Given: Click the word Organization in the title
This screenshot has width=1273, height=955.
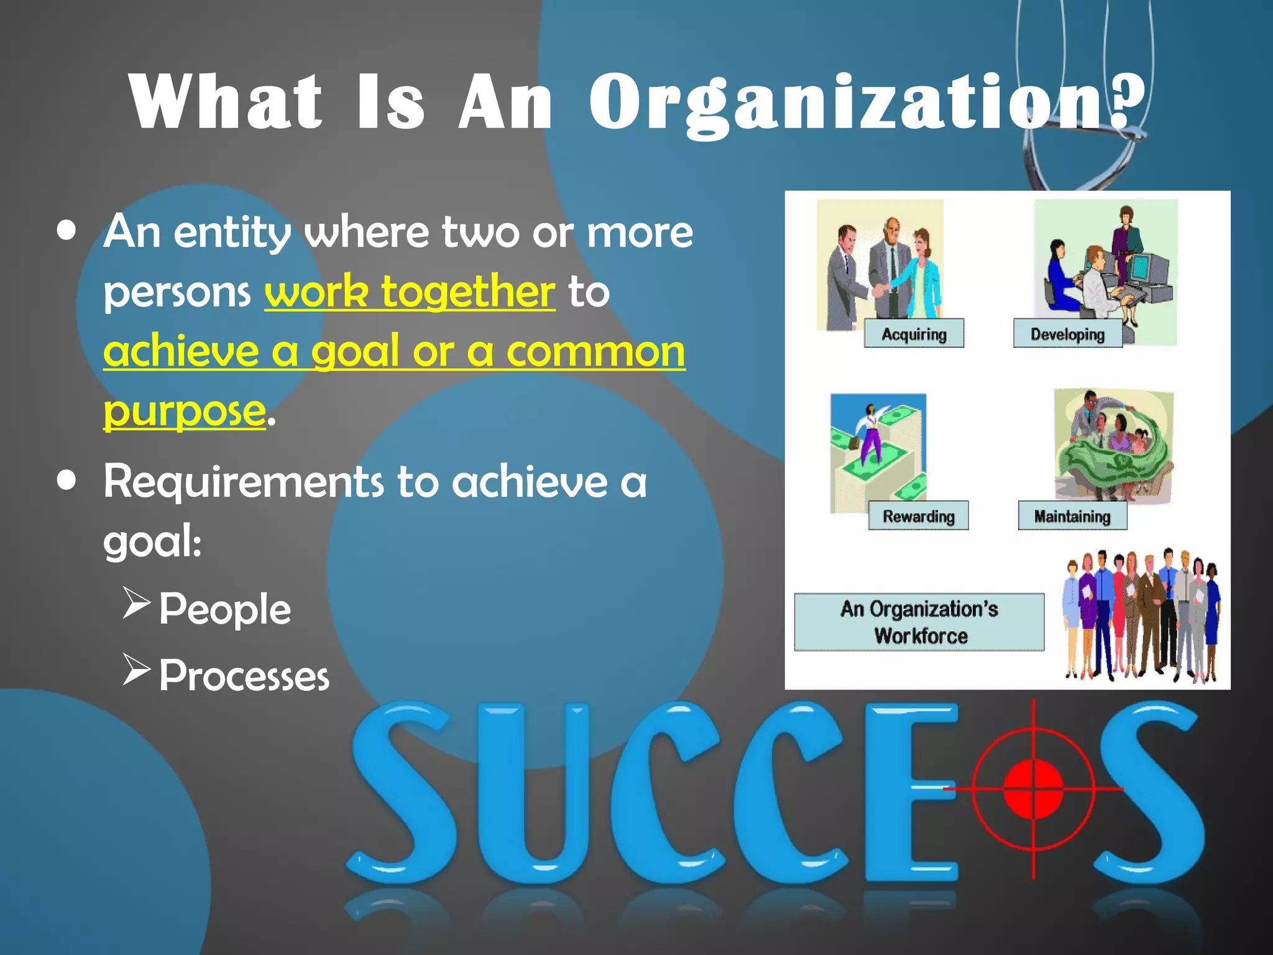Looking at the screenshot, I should point(845,103).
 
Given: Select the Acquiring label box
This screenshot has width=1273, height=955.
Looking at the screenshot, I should point(914,334).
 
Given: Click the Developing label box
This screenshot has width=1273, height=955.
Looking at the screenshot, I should point(1067,334).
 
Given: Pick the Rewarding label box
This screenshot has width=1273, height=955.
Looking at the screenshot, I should point(918,516).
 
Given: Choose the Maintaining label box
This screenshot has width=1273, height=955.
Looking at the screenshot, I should point(1072,516).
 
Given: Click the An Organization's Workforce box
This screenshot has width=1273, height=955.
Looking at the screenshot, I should point(919,622).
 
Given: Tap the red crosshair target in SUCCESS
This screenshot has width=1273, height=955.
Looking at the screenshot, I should point(1033,789).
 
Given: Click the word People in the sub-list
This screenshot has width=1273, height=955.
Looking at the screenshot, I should point(224,609).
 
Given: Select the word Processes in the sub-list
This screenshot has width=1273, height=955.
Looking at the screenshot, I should point(244,676).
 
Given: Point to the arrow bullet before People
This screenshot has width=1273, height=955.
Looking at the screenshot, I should point(136,602).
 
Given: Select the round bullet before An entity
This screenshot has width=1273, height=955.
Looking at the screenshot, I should point(66,231).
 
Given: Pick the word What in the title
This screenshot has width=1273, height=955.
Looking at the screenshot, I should point(225,103).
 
